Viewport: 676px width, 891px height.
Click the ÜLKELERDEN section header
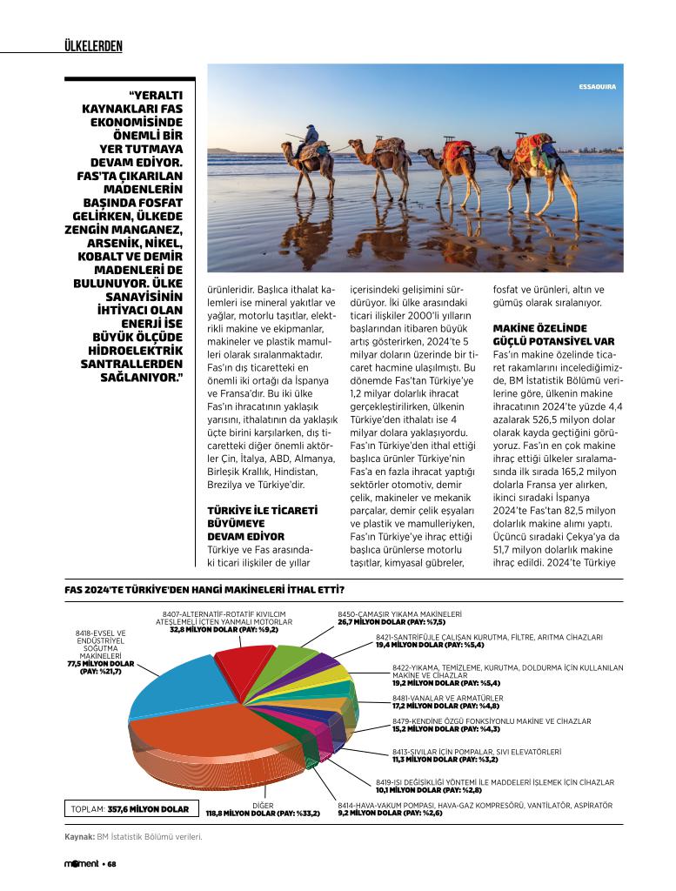pos(93,46)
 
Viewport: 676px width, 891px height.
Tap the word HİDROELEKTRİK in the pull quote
pos(137,350)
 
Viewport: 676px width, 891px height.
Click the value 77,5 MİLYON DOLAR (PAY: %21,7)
pos(101,667)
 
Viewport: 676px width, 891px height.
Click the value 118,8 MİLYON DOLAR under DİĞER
pos(263,814)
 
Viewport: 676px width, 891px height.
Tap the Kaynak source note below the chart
pos(133,837)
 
